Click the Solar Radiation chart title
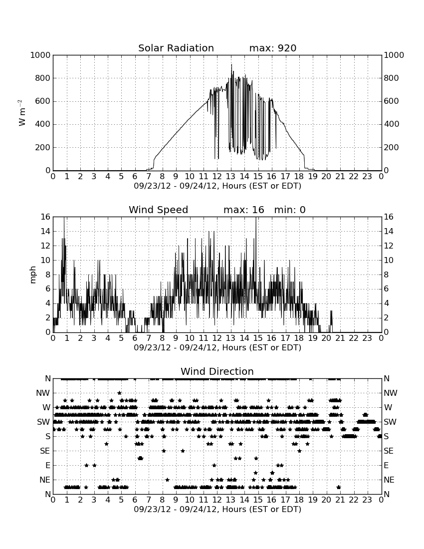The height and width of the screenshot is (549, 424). click(x=176, y=48)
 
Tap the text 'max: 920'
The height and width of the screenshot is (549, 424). click(x=273, y=48)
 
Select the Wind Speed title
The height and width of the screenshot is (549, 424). click(x=159, y=210)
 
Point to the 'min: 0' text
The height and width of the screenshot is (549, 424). click(x=290, y=210)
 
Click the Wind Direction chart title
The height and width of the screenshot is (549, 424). click(x=217, y=371)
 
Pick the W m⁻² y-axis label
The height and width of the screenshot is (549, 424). click(x=21, y=112)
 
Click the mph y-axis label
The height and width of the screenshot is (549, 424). click(x=33, y=275)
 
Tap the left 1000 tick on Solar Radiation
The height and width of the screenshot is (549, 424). click(x=40, y=55)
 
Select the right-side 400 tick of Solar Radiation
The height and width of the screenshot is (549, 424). click(x=391, y=124)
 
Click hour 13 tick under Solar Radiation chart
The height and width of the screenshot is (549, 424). click(x=230, y=177)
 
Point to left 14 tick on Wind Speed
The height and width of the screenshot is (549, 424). click(x=46, y=232)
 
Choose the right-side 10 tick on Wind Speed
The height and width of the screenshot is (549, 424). click(x=389, y=261)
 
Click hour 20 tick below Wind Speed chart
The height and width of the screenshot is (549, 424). click(x=326, y=338)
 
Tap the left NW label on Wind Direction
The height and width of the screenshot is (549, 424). click(x=43, y=393)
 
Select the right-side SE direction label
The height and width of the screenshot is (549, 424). click(x=388, y=451)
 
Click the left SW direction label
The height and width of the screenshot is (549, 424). click(x=43, y=422)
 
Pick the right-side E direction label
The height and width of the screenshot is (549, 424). click(x=386, y=466)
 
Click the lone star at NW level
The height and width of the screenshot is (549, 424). click(x=119, y=393)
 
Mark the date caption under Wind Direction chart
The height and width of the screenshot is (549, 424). click(x=217, y=509)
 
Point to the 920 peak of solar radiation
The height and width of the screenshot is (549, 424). click(x=231, y=64)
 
